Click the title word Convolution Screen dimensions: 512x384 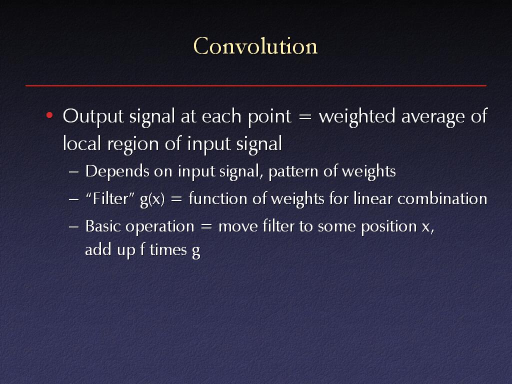(x=255, y=46)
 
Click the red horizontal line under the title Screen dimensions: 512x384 (x=256, y=85)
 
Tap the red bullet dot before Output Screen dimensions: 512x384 (x=49, y=115)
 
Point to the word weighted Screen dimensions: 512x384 (x=357, y=117)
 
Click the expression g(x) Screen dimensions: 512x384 (x=152, y=199)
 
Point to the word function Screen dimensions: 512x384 (x=217, y=198)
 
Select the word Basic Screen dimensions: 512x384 (x=103, y=226)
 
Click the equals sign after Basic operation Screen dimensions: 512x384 (x=206, y=226)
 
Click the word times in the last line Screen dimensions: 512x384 (x=168, y=250)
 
